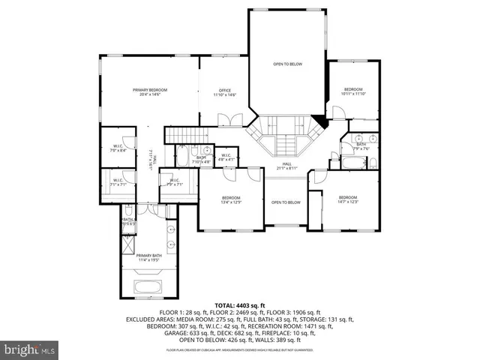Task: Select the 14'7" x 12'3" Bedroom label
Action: (x=348, y=199)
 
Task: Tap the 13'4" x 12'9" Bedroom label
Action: (x=231, y=199)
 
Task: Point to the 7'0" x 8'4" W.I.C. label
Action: (x=118, y=148)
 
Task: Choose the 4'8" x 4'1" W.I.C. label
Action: (x=226, y=157)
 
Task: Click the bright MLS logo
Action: (x=30, y=349)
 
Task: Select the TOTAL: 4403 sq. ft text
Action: (x=239, y=305)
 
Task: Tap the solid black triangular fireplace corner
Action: (x=322, y=120)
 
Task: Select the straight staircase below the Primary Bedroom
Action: (x=181, y=135)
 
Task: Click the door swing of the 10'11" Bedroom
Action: (x=338, y=115)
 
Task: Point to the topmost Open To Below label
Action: (x=286, y=64)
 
